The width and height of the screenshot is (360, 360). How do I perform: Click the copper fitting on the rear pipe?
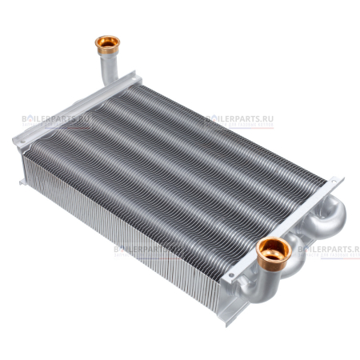[x=106, y=42]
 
